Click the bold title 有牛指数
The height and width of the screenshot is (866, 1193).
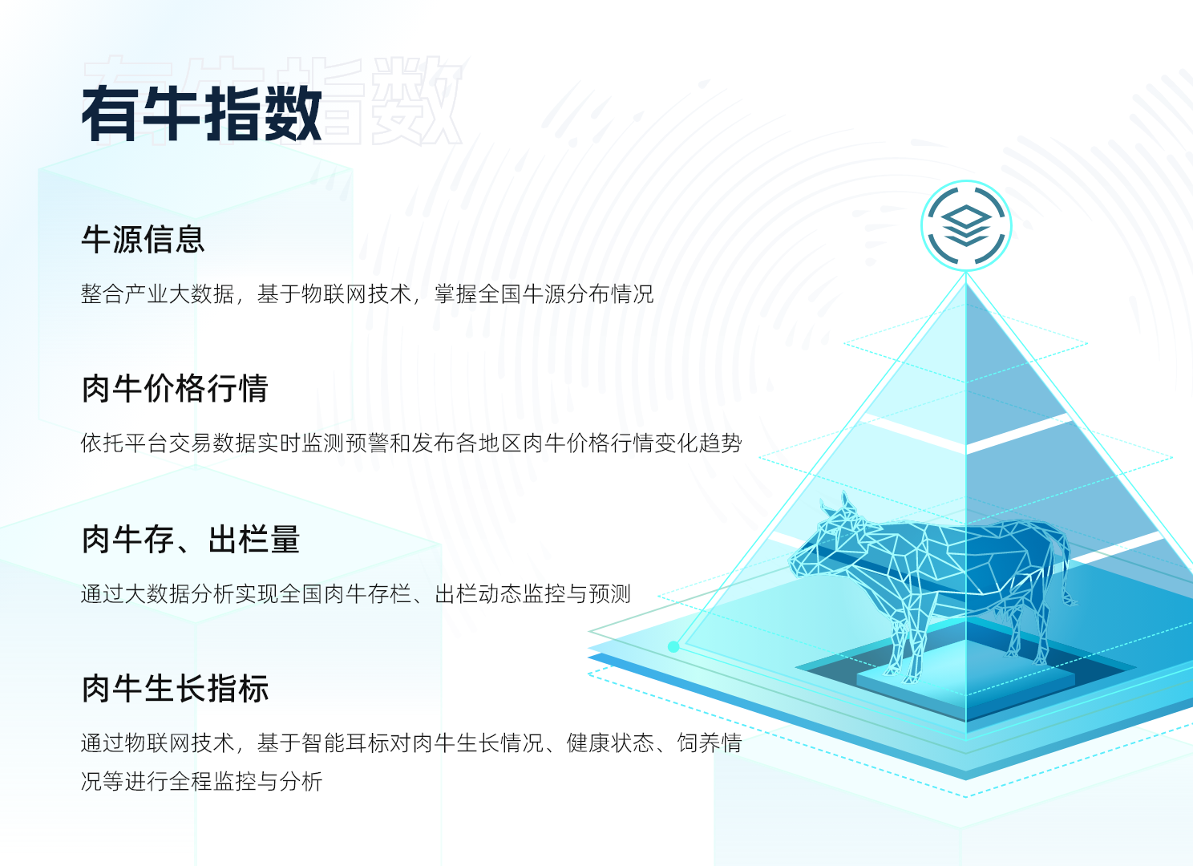point(201,114)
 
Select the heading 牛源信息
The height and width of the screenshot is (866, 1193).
point(143,240)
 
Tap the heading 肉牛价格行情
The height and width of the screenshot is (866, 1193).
point(174,388)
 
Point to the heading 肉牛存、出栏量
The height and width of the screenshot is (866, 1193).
point(190,539)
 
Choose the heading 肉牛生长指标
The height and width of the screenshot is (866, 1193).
point(175,688)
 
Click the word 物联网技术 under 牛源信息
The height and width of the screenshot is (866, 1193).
point(356,294)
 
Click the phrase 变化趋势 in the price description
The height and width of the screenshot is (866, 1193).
point(698,443)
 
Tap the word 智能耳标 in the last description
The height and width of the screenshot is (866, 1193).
point(345,743)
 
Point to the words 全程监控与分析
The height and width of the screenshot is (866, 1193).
point(245,781)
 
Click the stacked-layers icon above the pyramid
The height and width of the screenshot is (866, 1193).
point(966,225)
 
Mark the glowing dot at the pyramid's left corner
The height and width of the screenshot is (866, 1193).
point(673,646)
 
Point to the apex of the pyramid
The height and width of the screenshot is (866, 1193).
point(966,273)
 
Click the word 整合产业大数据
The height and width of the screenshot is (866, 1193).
point(158,294)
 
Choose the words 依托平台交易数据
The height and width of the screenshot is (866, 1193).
point(168,443)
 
